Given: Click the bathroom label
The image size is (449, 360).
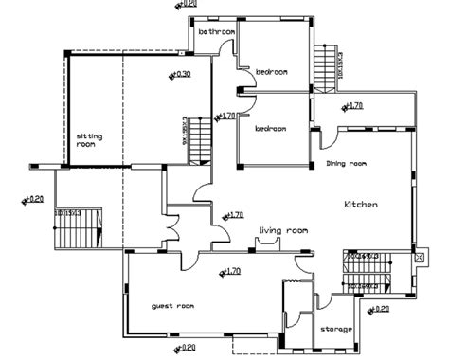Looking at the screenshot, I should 216,32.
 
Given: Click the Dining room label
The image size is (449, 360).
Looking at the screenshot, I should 346,164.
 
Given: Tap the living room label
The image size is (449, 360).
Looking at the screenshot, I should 284,230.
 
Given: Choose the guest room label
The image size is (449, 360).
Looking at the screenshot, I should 172,306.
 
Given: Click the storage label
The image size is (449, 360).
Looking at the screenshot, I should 336,329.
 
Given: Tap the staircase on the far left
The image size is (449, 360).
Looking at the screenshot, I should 72,228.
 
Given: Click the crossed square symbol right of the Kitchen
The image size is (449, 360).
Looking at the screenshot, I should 419,258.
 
